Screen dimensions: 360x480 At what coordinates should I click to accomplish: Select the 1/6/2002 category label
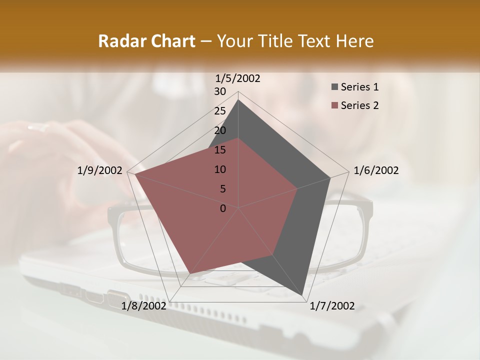point(376,170)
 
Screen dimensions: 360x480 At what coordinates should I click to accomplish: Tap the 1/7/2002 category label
point(332,306)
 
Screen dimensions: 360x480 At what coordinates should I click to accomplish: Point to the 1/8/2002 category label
point(144,306)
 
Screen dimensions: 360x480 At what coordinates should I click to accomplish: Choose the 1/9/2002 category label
point(100,170)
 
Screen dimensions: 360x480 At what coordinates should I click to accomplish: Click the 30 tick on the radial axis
point(220,91)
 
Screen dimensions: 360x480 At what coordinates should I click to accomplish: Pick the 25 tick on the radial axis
point(220,111)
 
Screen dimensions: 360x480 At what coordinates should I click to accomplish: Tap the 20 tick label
point(220,130)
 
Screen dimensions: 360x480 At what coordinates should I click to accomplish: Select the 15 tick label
point(220,150)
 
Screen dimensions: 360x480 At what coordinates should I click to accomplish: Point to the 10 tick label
point(220,169)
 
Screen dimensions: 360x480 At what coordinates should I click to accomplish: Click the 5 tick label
point(222,189)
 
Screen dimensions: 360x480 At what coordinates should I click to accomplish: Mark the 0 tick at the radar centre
point(223,208)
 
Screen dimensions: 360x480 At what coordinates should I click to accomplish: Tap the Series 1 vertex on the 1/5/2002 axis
point(238,100)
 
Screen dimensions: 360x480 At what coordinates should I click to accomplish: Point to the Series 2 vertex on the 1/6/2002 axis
point(297,188)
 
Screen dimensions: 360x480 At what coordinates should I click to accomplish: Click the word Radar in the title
point(119,41)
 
